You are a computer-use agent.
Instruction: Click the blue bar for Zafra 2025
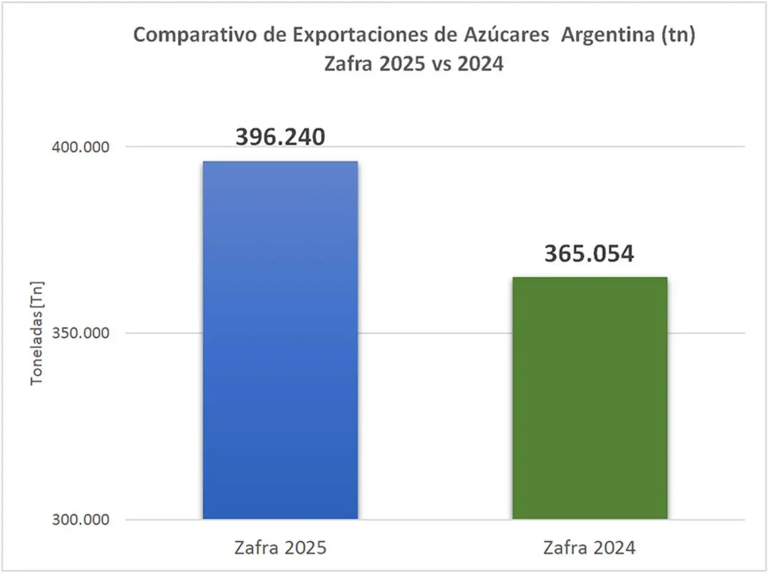[x=280, y=340]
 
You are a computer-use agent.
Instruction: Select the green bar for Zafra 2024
[x=589, y=398]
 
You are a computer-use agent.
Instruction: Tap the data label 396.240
[x=280, y=137]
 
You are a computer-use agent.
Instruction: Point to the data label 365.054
[x=589, y=254]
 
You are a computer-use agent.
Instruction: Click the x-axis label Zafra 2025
[x=280, y=548]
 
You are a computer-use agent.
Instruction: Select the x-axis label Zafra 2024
[x=589, y=548]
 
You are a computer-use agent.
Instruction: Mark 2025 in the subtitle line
[x=396, y=63]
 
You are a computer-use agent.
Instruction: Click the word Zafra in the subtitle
[x=348, y=63]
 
